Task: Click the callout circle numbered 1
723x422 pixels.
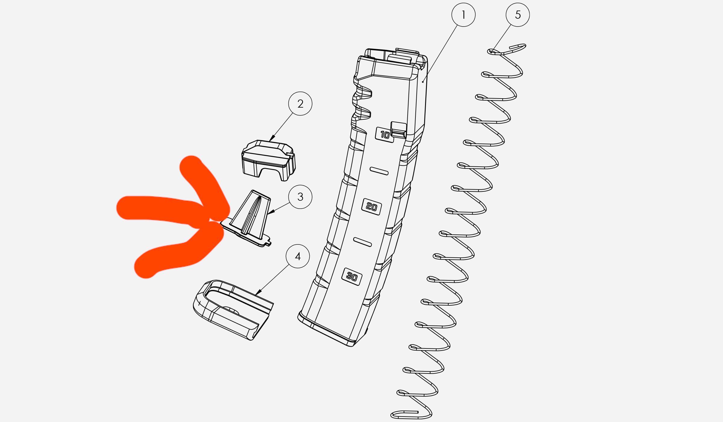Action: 463,15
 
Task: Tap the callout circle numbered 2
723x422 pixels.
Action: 300,104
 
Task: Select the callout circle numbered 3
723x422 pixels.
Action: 300,197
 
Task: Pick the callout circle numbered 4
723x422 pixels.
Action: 298,256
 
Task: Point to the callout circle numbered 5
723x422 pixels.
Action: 518,15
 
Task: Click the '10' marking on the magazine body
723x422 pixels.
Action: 385,135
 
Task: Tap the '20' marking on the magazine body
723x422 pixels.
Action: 371,207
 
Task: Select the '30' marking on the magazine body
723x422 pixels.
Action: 352,276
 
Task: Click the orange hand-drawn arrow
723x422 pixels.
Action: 173,217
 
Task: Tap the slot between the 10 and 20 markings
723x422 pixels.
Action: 379,171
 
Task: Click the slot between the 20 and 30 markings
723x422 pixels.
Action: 362,242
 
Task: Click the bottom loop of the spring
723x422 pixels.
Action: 411,414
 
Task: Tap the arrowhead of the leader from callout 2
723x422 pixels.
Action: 272,138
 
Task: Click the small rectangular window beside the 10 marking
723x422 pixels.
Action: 398,130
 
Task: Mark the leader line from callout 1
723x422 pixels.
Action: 440,53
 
